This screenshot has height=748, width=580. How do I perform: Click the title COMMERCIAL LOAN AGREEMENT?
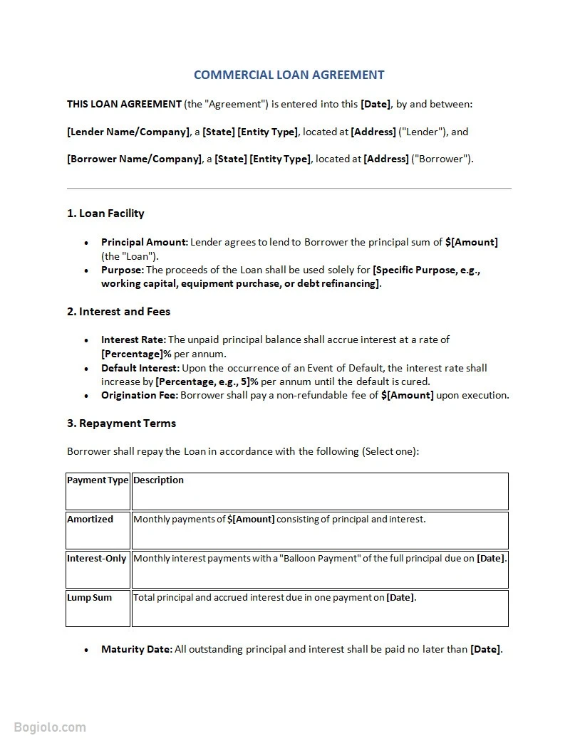pyautogui.click(x=289, y=75)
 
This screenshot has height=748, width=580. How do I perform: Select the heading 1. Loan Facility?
pyautogui.click(x=105, y=214)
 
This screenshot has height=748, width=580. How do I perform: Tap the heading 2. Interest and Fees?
pyautogui.click(x=118, y=312)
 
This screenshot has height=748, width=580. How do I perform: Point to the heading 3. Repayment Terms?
pyautogui.click(x=121, y=423)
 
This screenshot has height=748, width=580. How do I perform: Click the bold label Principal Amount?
pyautogui.click(x=144, y=243)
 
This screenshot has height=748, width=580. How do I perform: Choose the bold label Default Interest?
pyautogui.click(x=140, y=369)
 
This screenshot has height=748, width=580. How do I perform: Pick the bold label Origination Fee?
pyautogui.click(x=139, y=396)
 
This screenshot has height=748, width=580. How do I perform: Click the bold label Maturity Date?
pyautogui.click(x=136, y=650)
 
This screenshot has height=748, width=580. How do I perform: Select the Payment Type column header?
pyautogui.click(x=98, y=480)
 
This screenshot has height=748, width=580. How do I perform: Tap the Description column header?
pyautogui.click(x=158, y=480)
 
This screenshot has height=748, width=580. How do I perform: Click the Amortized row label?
pyautogui.click(x=90, y=520)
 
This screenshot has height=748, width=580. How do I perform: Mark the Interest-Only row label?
pyautogui.click(x=96, y=559)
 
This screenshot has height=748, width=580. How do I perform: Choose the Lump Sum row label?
pyautogui.click(x=89, y=598)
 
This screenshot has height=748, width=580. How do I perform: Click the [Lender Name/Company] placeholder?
pyautogui.click(x=128, y=132)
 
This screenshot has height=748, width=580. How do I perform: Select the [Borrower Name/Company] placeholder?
pyautogui.click(x=134, y=159)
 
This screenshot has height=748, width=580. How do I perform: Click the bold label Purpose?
pyautogui.click(x=122, y=270)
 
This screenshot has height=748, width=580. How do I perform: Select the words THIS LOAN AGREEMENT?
pyautogui.click(x=124, y=105)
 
